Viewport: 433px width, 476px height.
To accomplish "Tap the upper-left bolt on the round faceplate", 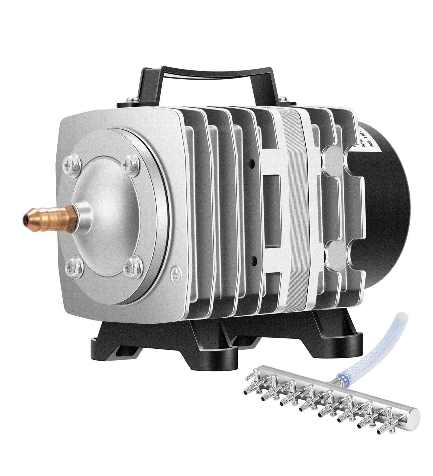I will pyautogui.click(x=70, y=163).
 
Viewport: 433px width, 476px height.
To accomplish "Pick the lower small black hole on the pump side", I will pyautogui.click(x=253, y=259).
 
